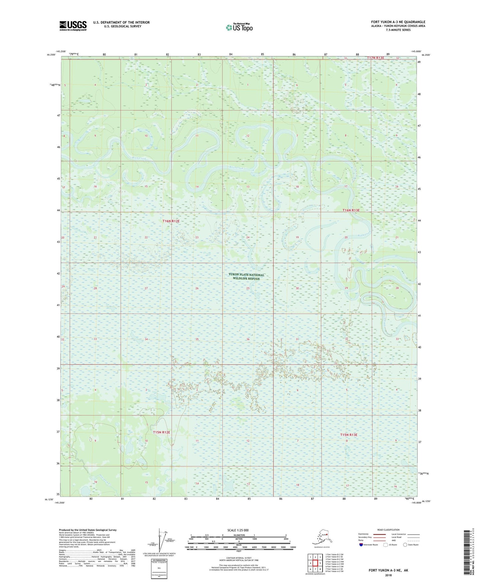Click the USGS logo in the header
pyautogui.click(x=73, y=26)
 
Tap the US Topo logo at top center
pyautogui.click(x=239, y=27)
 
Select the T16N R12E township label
pyautogui.click(x=171, y=221)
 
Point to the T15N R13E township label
pyautogui.click(x=349, y=435)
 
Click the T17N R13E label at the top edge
pyautogui.click(x=376, y=58)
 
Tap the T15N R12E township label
pyautogui.click(x=161, y=432)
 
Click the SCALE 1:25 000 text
pyautogui.click(x=238, y=530)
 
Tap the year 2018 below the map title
pyautogui.click(x=388, y=575)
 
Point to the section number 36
pyautogui.click(x=248, y=339)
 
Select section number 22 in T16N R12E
pyautogui.click(x=146, y=237)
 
